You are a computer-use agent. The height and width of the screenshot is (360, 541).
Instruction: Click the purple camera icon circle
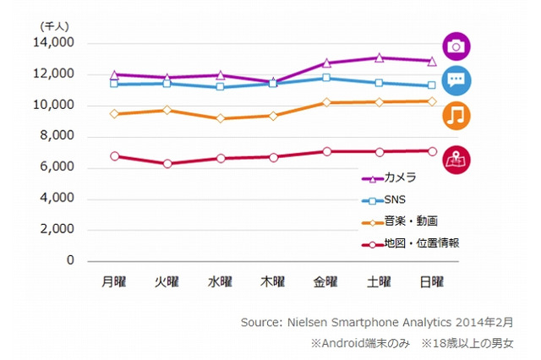click(x=456, y=46)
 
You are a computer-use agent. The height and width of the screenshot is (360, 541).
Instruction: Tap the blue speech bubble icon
click(x=456, y=80)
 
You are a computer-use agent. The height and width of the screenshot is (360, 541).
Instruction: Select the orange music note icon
click(x=456, y=116)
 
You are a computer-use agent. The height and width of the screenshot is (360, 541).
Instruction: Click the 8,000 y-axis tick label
click(x=60, y=136)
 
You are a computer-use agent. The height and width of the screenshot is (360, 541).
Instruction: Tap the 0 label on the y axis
click(x=71, y=261)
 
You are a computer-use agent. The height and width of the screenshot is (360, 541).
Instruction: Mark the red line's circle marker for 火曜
click(x=167, y=164)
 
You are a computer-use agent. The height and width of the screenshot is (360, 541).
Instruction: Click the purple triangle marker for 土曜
click(x=379, y=58)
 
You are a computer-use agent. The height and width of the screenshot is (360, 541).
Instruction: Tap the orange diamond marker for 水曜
click(x=220, y=118)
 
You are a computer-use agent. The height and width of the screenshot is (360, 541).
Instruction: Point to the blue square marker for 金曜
click(x=325, y=78)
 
